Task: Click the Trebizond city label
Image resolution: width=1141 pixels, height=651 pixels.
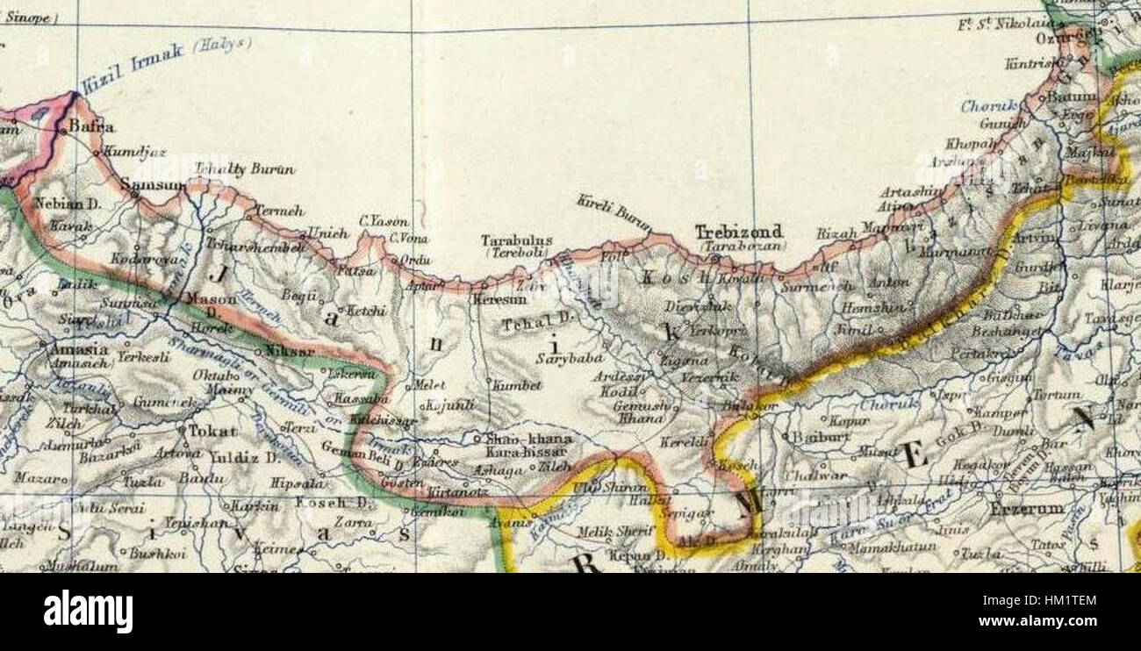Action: tap(738, 232)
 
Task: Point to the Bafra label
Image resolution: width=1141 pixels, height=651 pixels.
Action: tap(91, 126)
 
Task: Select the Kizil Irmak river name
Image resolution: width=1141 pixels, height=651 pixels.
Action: tap(132, 67)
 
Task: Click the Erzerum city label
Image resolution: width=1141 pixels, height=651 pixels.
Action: tap(1026, 508)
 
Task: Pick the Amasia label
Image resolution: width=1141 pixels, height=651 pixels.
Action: tap(79, 349)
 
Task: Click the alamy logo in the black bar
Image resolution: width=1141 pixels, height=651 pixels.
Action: tap(88, 612)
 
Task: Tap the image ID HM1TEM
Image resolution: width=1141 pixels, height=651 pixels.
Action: tap(1053, 600)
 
